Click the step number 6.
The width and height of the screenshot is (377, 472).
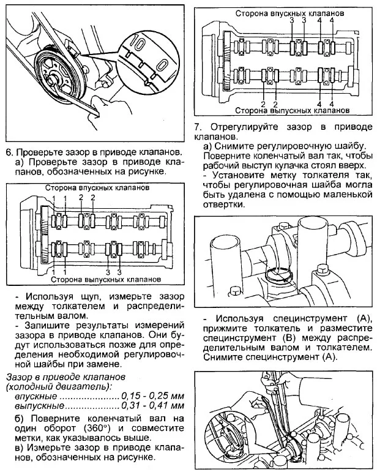[9, 151]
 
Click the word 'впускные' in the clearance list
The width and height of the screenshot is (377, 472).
[23, 396]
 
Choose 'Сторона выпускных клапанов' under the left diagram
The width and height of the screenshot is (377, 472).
[106, 279]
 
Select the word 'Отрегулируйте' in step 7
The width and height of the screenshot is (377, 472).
[239, 127]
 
